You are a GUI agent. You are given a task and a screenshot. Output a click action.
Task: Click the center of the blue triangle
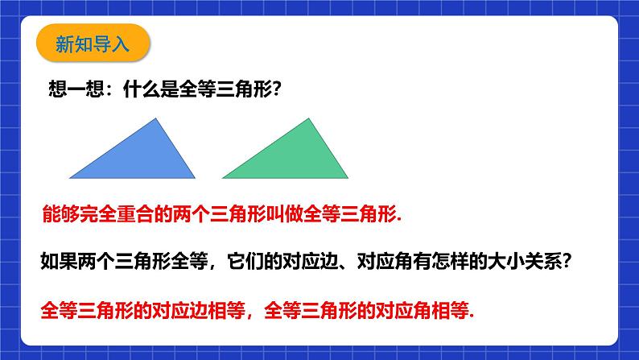142,158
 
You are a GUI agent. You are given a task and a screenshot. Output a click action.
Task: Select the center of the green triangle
294,158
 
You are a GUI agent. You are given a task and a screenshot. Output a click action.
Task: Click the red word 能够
57,215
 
